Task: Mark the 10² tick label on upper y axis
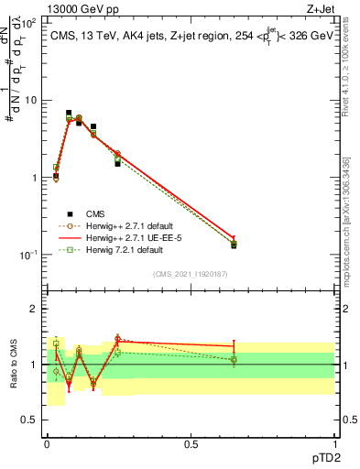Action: tap(30, 23)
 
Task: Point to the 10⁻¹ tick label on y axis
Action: tap(30, 255)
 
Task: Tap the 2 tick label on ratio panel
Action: tap(35, 310)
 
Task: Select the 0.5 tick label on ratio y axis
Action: tap(30, 420)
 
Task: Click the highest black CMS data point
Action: tap(69, 113)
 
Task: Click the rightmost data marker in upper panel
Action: tap(234, 245)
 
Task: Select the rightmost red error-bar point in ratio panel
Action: tap(234, 346)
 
